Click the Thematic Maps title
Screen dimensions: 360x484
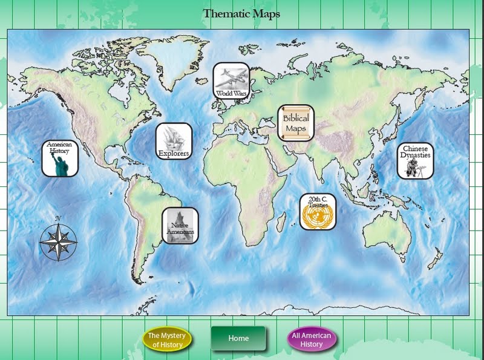pos(241,13)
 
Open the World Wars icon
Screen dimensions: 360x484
pos(231,81)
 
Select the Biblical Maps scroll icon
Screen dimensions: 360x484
pos(296,123)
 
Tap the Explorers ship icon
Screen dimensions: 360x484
pos(174,141)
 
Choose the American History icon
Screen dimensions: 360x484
pos(59,159)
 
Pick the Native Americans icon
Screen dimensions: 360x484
pos(180,226)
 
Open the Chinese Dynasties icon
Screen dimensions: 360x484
pos(415,160)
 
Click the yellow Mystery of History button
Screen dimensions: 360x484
pos(167,339)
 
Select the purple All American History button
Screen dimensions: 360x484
pos(312,339)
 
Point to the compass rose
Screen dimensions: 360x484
pos(58,243)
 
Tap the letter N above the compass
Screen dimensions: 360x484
pos(58,218)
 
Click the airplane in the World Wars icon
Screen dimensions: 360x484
pos(231,77)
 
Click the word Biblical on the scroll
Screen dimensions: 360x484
pos(296,119)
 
